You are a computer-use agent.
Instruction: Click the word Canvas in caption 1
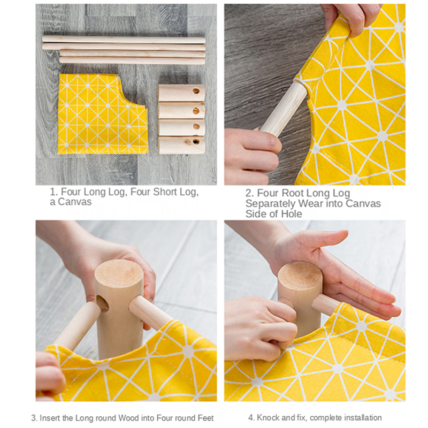coord(74,202)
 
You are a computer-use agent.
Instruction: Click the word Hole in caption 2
coord(292,214)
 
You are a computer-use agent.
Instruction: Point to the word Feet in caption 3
coord(206,418)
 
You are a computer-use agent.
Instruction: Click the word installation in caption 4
coord(361,418)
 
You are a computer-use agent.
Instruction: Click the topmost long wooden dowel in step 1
coord(124,40)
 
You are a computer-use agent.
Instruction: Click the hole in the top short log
coord(196,91)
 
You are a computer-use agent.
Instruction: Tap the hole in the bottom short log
coord(196,142)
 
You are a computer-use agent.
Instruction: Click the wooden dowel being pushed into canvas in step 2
coord(284,109)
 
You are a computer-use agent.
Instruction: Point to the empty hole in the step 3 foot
coord(102,303)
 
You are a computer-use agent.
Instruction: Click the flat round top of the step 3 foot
coord(119,274)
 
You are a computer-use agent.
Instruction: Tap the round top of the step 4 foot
coord(300,275)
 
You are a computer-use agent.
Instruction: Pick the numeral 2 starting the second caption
coord(248,193)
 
